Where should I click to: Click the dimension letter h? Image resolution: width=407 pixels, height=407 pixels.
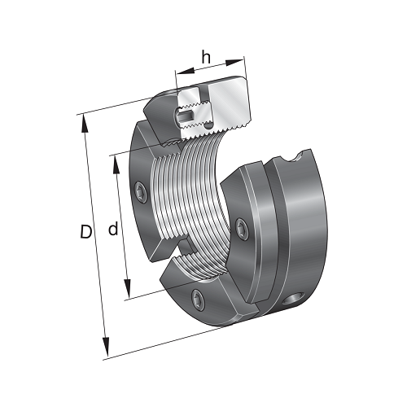[206, 58]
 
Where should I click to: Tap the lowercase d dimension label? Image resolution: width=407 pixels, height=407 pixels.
[113, 229]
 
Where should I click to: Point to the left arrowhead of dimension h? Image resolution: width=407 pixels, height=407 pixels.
[186, 71]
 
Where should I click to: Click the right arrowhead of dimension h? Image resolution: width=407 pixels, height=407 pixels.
[235, 63]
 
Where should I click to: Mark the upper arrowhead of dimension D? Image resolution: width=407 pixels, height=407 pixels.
[85, 124]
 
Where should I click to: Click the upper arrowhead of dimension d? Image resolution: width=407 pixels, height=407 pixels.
[116, 164]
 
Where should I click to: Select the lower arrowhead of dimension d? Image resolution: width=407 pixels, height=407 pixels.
[127, 288]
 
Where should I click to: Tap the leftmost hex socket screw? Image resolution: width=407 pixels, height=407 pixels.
[141, 192]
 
